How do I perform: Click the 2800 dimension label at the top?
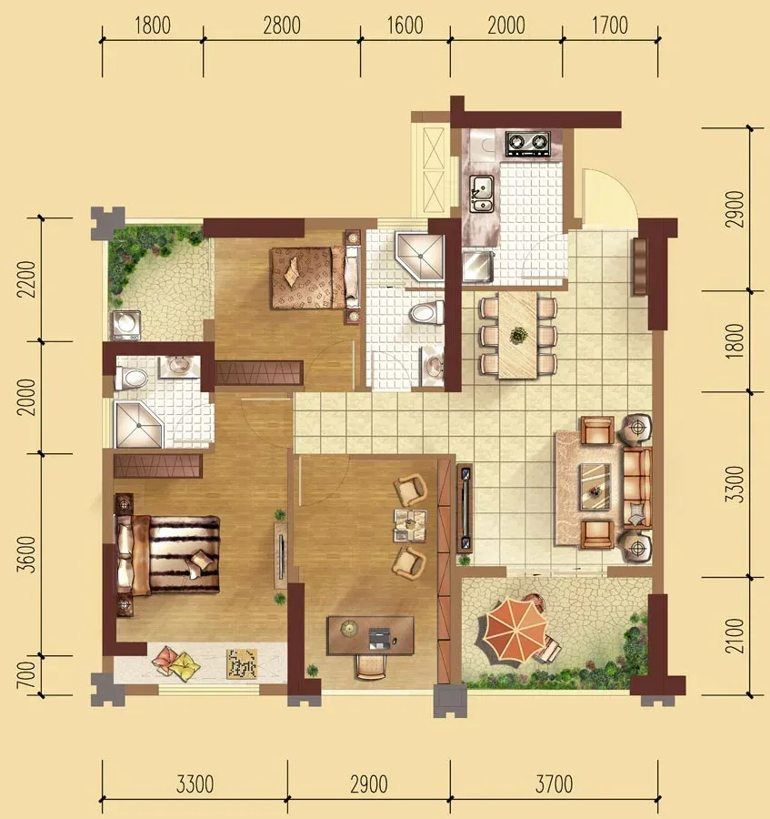click(x=282, y=25)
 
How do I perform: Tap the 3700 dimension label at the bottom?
click(x=554, y=784)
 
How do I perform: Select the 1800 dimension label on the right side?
click(x=734, y=340)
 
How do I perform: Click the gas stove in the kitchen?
click(x=528, y=143)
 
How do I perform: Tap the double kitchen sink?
click(x=482, y=193)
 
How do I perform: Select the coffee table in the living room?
click(x=595, y=486)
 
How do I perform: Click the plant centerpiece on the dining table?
click(x=518, y=334)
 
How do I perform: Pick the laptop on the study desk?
click(x=380, y=638)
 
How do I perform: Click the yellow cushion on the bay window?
click(x=185, y=665)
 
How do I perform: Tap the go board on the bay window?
click(x=242, y=663)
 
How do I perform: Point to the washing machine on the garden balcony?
click(x=126, y=326)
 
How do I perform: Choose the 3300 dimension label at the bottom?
click(x=195, y=784)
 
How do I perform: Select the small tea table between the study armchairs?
click(x=410, y=525)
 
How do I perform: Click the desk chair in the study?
click(x=371, y=666)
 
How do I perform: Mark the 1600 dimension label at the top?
click(x=405, y=25)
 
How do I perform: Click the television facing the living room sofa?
click(x=465, y=509)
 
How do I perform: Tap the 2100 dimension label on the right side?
click(x=734, y=636)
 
